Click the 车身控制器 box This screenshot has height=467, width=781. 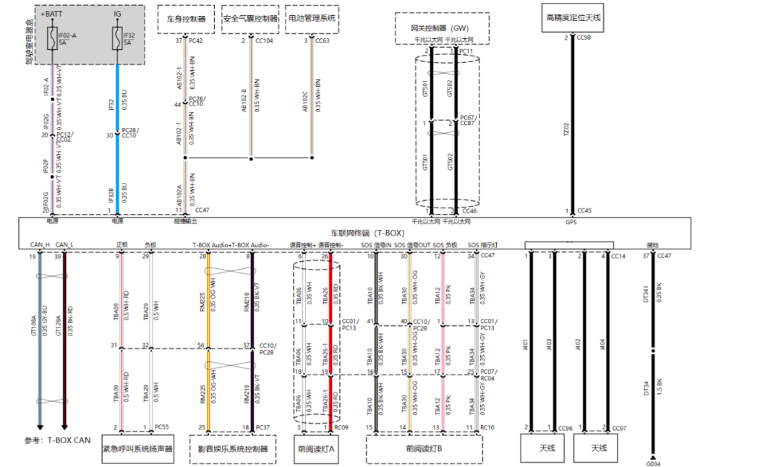[x=187, y=19]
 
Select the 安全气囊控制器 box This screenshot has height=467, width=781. [x=250, y=19]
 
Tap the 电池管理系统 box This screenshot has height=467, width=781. [x=313, y=19]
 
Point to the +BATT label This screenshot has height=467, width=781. [x=51, y=14]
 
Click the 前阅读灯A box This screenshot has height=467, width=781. [x=316, y=449]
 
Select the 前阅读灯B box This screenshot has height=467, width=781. [x=423, y=449]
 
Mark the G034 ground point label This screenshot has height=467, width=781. [x=652, y=463]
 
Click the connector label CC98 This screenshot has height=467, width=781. [x=584, y=37]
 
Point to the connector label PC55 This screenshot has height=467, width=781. [x=161, y=428]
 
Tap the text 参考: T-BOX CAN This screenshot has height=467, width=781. [x=58, y=439]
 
